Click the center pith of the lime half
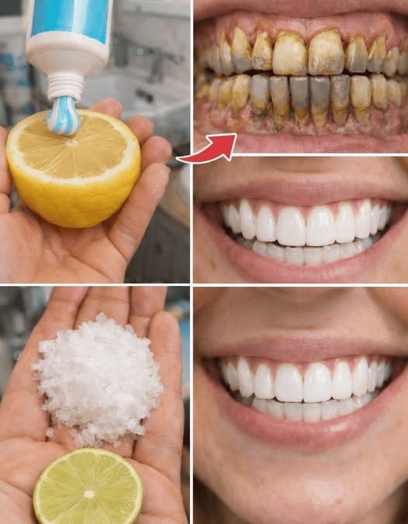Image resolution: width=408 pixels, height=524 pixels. point(88,493)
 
